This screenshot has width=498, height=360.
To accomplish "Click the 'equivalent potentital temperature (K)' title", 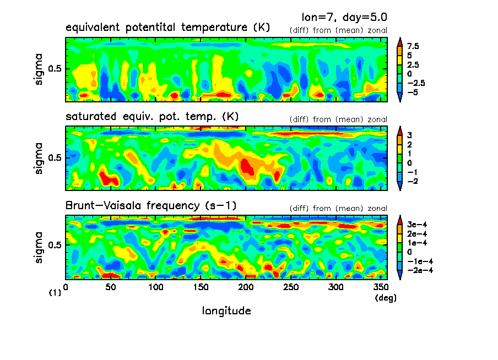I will pyautogui.click(x=167, y=27).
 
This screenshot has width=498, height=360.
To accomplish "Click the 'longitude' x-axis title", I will pyautogui.click(x=226, y=311).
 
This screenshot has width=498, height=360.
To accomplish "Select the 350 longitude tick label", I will pyautogui.click(x=380, y=287).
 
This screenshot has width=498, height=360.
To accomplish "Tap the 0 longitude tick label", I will pyautogui.click(x=66, y=287).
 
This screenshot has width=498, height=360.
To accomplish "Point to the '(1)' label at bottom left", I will pyautogui.click(x=55, y=293).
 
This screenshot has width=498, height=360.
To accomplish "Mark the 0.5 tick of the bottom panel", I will pyautogui.click(x=57, y=245).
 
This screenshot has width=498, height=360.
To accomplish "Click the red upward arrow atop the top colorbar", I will pyautogui.click(x=399, y=40).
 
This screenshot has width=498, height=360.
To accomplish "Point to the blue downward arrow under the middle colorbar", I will pyautogui.click(x=399, y=187).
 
